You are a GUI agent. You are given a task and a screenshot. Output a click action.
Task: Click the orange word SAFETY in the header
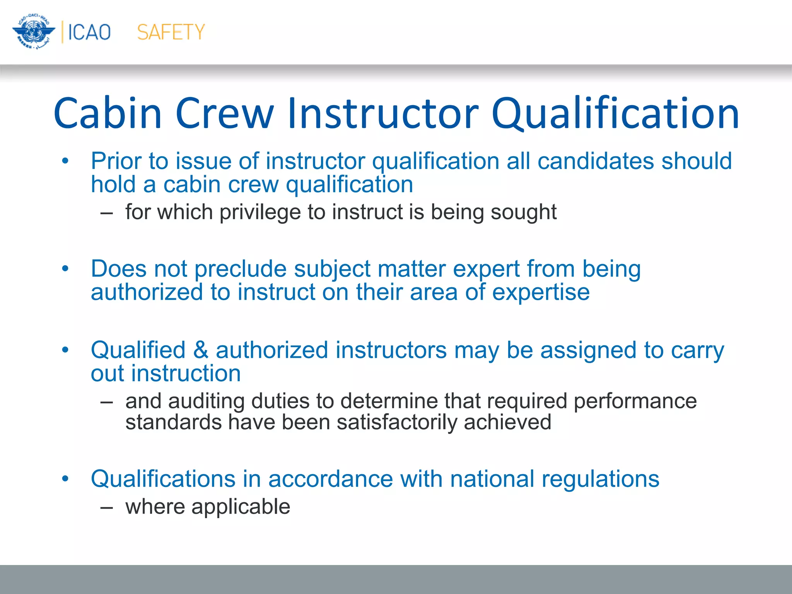171,32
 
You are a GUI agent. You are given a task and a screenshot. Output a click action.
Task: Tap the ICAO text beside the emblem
89,32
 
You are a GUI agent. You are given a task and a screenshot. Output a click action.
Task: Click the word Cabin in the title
108,113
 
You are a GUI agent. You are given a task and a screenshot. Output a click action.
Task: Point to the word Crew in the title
225,113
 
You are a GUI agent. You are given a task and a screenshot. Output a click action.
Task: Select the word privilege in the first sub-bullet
260,212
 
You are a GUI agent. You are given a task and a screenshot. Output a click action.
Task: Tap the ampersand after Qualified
201,350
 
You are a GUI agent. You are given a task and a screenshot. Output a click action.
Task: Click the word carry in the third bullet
697,351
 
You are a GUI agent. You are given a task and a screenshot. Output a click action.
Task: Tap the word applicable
241,507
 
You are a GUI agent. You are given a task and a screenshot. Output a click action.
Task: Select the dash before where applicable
106,507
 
